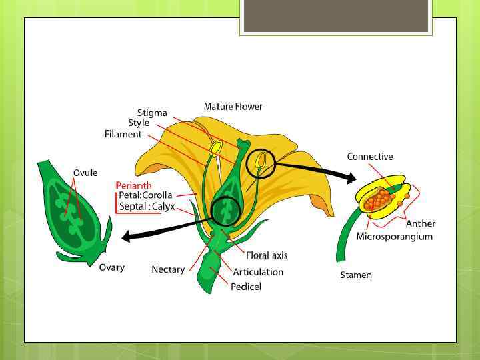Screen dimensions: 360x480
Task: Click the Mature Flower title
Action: [233, 107]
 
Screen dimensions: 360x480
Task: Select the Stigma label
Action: [152, 113]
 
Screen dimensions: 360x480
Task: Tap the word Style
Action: [139, 123]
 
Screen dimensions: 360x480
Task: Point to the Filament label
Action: [123, 134]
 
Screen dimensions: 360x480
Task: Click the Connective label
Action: [370, 157]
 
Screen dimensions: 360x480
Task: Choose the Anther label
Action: [421, 223]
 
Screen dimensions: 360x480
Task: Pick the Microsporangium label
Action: [395, 237]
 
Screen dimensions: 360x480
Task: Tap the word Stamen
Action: [356, 275]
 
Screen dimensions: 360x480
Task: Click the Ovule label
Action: [85, 173]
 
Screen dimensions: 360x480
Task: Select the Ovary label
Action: [111, 267]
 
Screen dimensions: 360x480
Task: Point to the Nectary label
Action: [168, 269]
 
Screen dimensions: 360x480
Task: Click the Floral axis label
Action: [267, 255]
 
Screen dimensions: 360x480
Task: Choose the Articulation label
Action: [258, 272]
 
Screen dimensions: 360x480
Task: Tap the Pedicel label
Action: [246, 287]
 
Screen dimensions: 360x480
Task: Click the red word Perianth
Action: [133, 185]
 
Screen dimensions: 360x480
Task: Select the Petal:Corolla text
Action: [145, 195]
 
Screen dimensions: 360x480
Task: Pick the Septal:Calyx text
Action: [147, 207]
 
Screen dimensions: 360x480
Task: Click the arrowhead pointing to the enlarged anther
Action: [351, 177]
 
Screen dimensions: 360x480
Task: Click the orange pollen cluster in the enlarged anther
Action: [380, 199]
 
